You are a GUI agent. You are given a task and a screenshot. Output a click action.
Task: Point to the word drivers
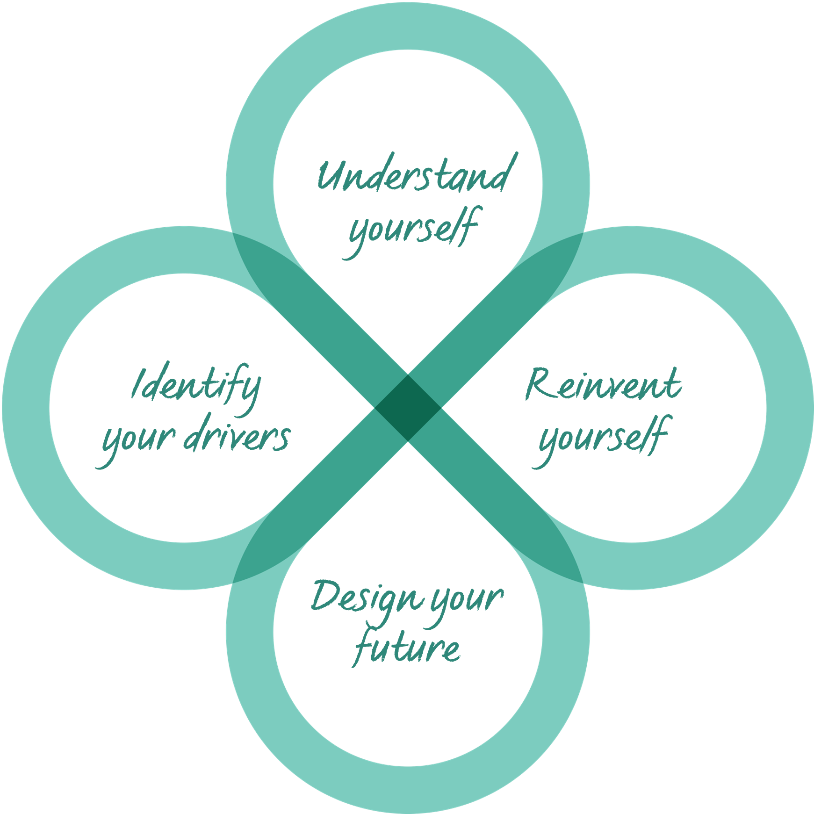click(237, 437)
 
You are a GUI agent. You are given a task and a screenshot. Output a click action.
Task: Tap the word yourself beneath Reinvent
click(603, 437)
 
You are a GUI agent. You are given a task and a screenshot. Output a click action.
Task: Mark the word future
click(407, 648)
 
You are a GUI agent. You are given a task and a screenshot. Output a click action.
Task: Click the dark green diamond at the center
click(408, 408)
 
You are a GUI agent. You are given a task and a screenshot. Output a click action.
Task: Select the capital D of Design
click(324, 596)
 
